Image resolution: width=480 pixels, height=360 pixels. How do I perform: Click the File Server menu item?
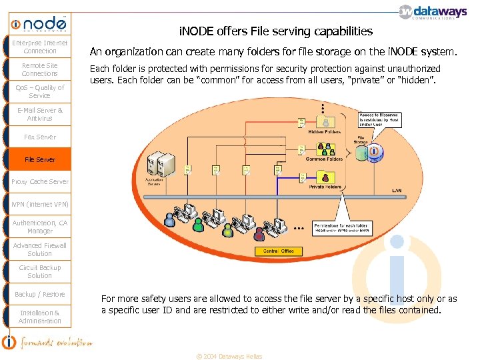click(x=40, y=159)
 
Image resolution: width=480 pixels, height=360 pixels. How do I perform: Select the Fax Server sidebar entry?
click(x=40, y=137)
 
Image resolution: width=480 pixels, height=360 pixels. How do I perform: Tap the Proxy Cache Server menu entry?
click(x=40, y=181)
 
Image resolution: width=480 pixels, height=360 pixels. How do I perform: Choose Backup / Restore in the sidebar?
click(x=40, y=294)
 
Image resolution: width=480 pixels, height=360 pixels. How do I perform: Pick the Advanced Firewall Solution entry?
click(x=40, y=249)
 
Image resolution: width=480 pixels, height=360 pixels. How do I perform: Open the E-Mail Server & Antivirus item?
click(x=40, y=114)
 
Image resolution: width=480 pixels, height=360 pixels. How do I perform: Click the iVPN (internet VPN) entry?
click(x=40, y=204)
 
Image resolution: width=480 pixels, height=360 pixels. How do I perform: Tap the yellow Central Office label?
click(x=279, y=251)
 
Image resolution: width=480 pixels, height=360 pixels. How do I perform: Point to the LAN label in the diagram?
click(x=397, y=191)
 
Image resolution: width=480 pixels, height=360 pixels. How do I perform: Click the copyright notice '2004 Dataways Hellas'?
click(x=229, y=356)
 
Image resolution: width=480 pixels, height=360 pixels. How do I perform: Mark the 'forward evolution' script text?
click(x=56, y=343)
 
